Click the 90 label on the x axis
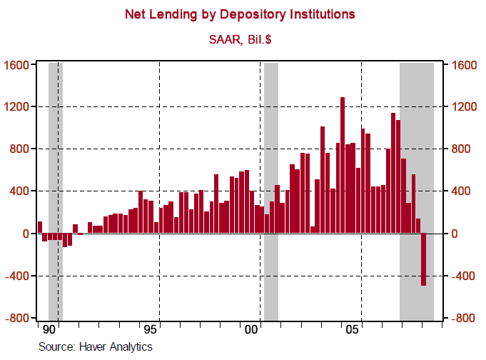[49, 331]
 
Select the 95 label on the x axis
[150, 331]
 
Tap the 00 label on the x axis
[251, 331]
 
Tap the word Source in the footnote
[56, 346]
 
